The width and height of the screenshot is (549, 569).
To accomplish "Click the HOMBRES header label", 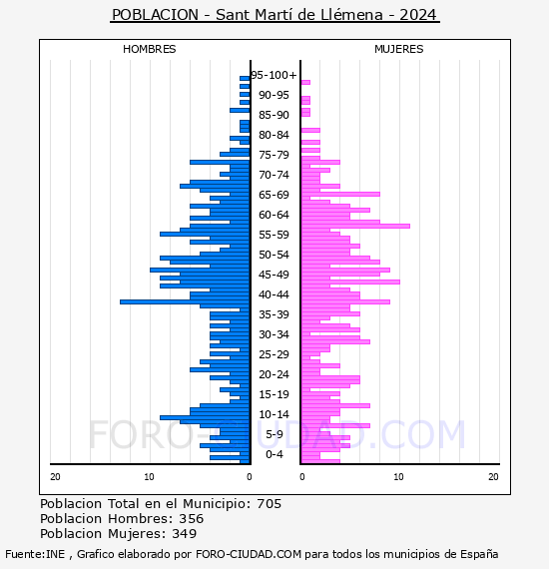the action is pyautogui.click(x=149, y=49).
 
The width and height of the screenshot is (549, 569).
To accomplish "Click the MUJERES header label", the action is pyautogui.click(x=399, y=49).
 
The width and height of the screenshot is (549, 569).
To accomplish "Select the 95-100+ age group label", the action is pyautogui.click(x=274, y=75).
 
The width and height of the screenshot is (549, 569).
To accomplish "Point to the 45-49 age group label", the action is pyautogui.click(x=274, y=275).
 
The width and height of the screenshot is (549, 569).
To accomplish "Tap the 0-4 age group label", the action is pyautogui.click(x=274, y=454).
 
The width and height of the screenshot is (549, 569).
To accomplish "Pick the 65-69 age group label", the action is pyautogui.click(x=274, y=195).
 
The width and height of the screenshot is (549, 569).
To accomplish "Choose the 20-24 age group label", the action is pyautogui.click(x=274, y=374).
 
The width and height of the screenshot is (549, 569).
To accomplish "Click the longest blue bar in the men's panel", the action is pyautogui.click(x=185, y=301).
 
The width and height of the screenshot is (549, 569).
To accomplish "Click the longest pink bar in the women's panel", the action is pyautogui.click(x=355, y=226).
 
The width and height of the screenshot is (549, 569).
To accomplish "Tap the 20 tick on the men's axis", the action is pyautogui.click(x=55, y=477).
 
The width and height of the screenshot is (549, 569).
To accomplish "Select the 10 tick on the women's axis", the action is pyautogui.click(x=398, y=477).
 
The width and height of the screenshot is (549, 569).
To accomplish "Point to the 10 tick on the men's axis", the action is pyautogui.click(x=149, y=477).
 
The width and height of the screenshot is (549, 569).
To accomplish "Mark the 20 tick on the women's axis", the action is pyautogui.click(x=493, y=477).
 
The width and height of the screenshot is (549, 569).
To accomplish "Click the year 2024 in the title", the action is pyautogui.click(x=417, y=15).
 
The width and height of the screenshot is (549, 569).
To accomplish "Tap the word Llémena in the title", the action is pyautogui.click(x=351, y=15).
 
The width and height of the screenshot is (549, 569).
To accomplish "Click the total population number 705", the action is pyautogui.click(x=269, y=504).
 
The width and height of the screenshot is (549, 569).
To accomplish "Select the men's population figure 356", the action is pyautogui.click(x=192, y=518).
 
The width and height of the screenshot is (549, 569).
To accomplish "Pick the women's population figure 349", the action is pyautogui.click(x=185, y=533).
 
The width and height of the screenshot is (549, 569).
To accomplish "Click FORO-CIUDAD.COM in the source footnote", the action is pyautogui.click(x=249, y=554).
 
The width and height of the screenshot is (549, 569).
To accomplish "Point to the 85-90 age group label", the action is pyautogui.click(x=274, y=115).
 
